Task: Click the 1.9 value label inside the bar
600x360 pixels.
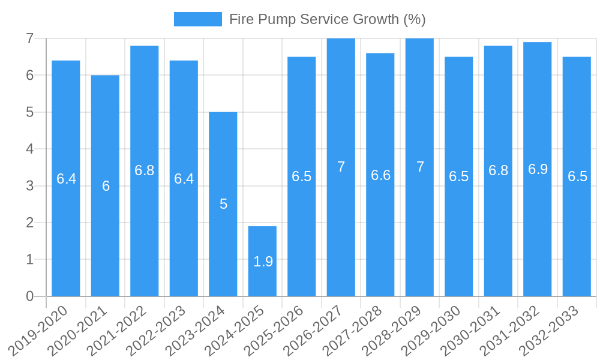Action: click(x=263, y=262)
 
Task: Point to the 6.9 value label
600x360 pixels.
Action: click(x=538, y=169)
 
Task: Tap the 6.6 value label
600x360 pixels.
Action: click(x=380, y=175)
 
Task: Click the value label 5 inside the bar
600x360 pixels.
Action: click(x=223, y=204)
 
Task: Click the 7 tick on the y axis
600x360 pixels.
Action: click(x=29, y=38)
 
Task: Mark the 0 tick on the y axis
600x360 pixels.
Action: click(x=29, y=296)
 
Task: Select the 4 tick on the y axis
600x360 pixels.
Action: click(x=29, y=149)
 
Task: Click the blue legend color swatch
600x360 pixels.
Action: click(x=197, y=19)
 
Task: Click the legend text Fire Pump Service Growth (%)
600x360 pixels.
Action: click(x=327, y=19)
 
